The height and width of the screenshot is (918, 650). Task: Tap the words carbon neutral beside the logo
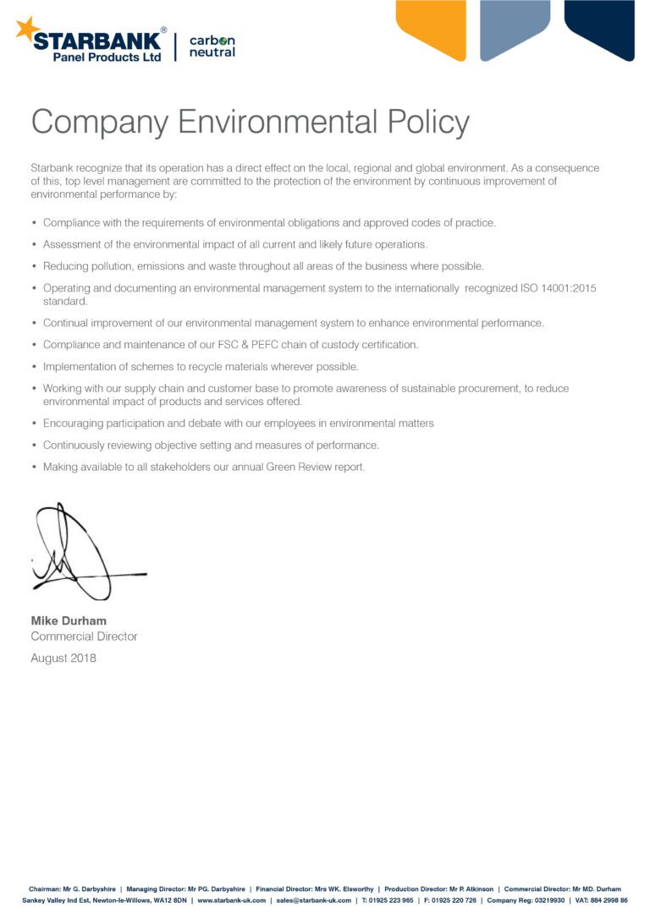point(212,46)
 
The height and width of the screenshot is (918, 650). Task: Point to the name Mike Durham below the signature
point(69,621)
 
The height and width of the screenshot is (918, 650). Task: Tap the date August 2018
point(63,658)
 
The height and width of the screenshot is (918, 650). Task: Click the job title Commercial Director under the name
point(84,637)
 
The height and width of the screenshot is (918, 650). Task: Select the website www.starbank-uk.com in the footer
point(231,900)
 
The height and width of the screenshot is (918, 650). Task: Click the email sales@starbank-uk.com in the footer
point(313,900)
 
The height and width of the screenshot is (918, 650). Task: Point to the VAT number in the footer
point(602,900)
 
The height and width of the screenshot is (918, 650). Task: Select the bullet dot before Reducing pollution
point(34,266)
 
